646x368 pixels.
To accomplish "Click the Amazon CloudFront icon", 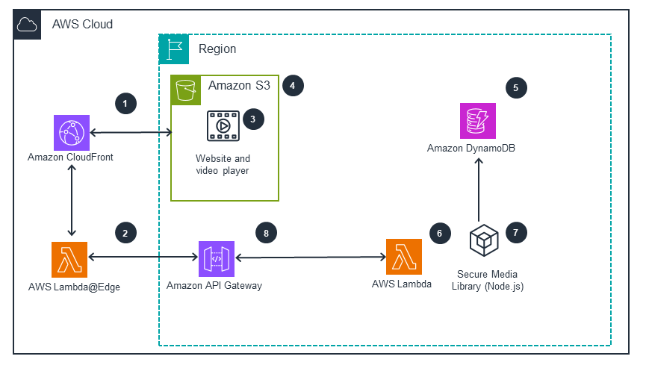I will (72, 133).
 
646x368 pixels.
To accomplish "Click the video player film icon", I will (223, 125).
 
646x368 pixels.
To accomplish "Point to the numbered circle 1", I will (126, 103).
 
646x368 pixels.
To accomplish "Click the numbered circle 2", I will (125, 233).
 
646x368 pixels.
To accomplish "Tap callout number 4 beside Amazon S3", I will (293, 86).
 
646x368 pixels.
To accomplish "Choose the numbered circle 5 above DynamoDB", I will (515, 87).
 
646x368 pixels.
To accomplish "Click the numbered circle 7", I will (515, 233).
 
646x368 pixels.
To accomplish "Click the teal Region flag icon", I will (174, 49).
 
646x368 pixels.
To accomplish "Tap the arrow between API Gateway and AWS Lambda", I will (309, 258).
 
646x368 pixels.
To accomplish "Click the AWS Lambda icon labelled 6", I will (403, 257).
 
